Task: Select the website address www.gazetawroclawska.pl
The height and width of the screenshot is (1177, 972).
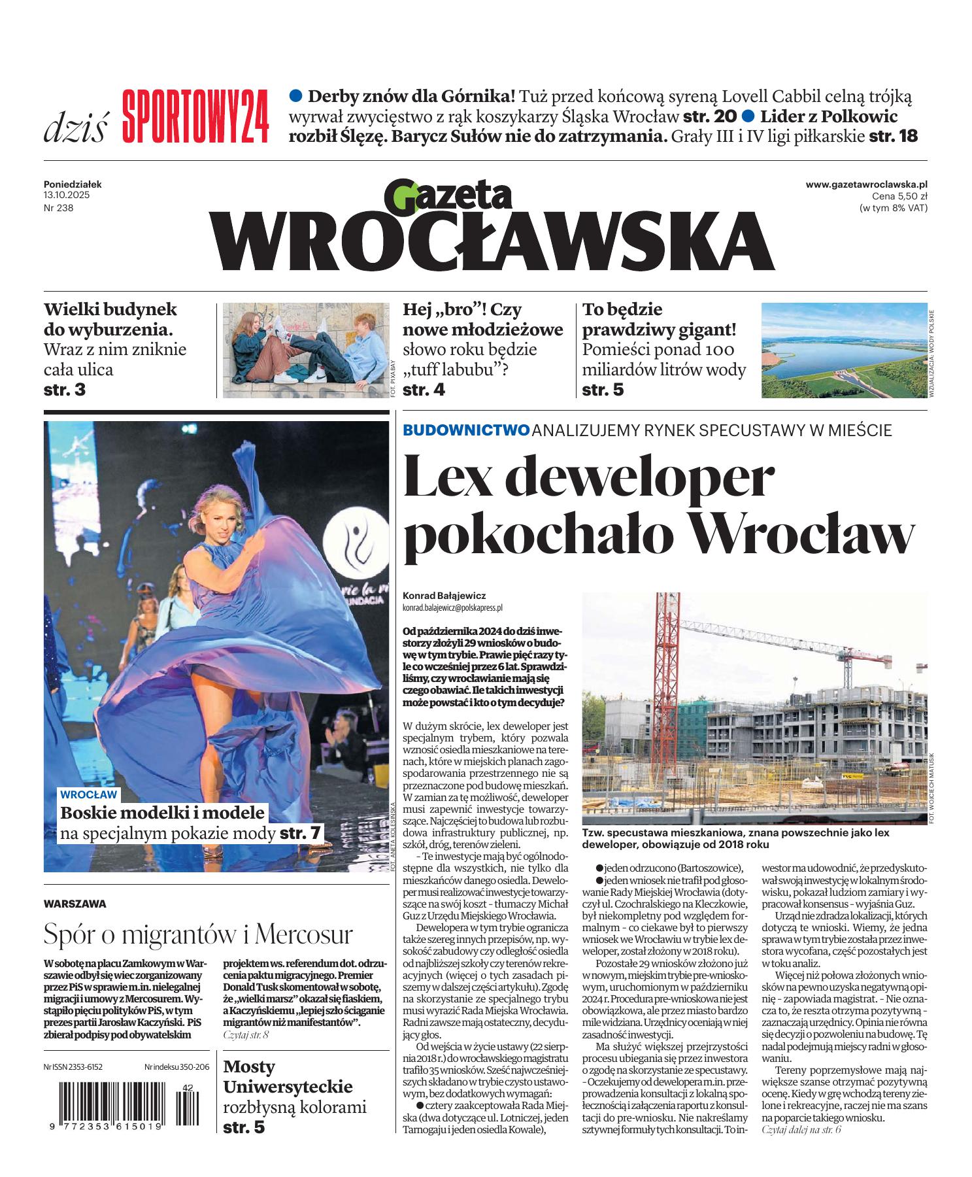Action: pyautogui.click(x=866, y=185)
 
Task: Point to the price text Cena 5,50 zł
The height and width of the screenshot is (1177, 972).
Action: pyautogui.click(x=899, y=196)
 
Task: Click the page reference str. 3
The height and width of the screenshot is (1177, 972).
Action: pyautogui.click(x=65, y=390)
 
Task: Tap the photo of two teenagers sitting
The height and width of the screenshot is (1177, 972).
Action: pyautogui.click(x=305, y=350)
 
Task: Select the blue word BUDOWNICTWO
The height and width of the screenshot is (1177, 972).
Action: pyautogui.click(x=466, y=430)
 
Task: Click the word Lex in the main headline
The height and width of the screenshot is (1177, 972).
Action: pyautogui.click(x=449, y=477)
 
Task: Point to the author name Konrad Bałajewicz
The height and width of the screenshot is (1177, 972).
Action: pyautogui.click(x=444, y=596)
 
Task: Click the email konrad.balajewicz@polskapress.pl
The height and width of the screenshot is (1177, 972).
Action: pyautogui.click(x=453, y=607)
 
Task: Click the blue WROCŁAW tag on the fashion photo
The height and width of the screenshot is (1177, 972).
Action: pyautogui.click(x=88, y=795)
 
